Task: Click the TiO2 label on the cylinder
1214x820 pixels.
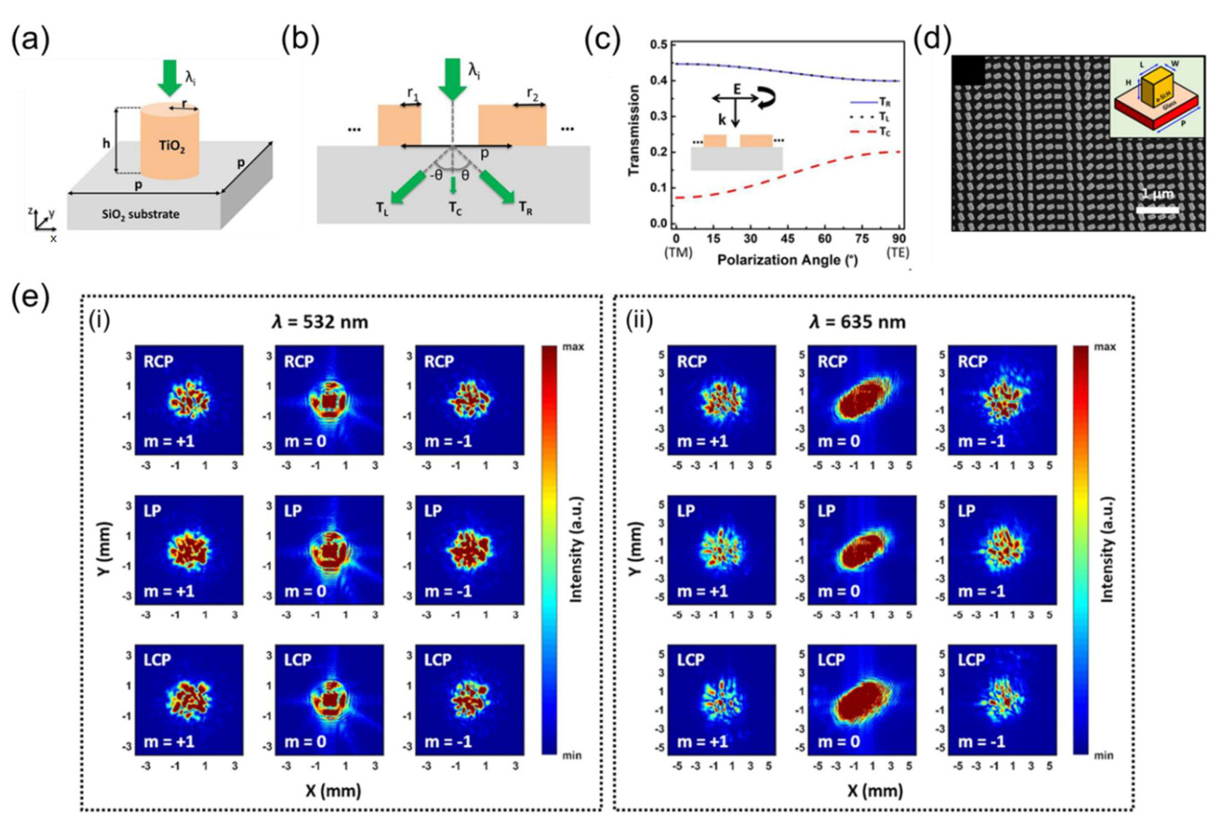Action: point(172,146)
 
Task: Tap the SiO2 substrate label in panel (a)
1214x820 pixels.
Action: point(140,214)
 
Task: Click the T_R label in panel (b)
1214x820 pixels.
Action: point(525,208)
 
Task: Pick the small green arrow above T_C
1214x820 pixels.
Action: point(453,185)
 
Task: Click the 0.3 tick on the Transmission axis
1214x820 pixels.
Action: point(660,116)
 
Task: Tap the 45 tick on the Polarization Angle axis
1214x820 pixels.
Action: point(787,239)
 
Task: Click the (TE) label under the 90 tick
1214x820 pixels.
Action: point(898,253)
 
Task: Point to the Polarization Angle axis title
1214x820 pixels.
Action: point(787,260)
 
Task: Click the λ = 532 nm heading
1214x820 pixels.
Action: point(320,322)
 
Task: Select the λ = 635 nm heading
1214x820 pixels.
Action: point(858,322)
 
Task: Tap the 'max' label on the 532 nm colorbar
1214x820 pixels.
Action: point(573,347)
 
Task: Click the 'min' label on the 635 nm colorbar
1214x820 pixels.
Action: point(1103,756)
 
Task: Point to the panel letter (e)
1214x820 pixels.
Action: point(30,298)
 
